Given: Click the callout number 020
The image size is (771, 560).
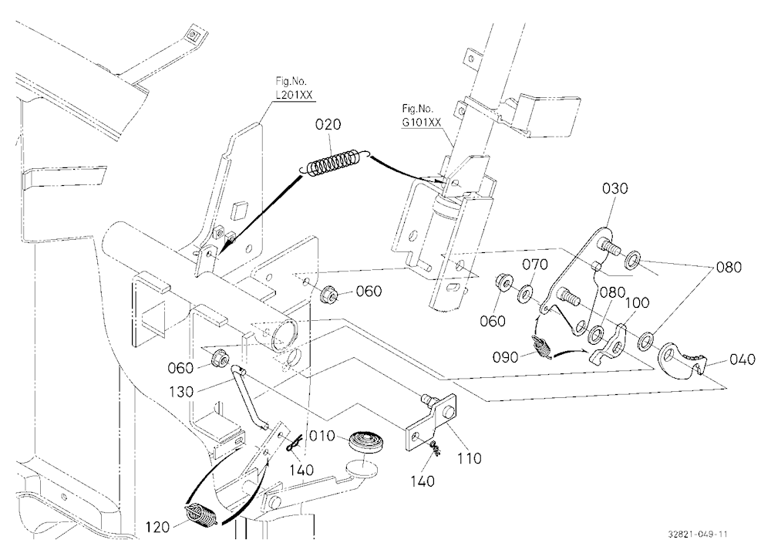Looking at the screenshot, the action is [x=328, y=124].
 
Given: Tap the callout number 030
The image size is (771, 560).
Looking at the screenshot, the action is [x=615, y=188].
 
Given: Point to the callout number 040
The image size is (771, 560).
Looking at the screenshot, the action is [x=742, y=359].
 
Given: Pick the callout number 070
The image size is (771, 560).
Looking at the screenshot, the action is [x=535, y=265].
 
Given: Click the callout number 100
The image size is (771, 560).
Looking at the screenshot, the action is [x=638, y=302].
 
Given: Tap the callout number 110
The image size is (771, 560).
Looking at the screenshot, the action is [x=469, y=458].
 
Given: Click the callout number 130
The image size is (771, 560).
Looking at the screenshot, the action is [x=181, y=392].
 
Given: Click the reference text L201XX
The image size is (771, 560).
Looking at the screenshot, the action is [x=295, y=95].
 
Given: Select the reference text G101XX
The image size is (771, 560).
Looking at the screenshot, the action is [x=422, y=123].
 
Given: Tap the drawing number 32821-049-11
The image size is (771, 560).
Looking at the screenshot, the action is [x=698, y=535].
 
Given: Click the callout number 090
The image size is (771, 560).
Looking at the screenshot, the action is [x=506, y=357].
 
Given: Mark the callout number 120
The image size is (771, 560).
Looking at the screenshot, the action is [x=158, y=528].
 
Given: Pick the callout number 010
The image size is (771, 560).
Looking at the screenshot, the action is [x=322, y=436].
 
